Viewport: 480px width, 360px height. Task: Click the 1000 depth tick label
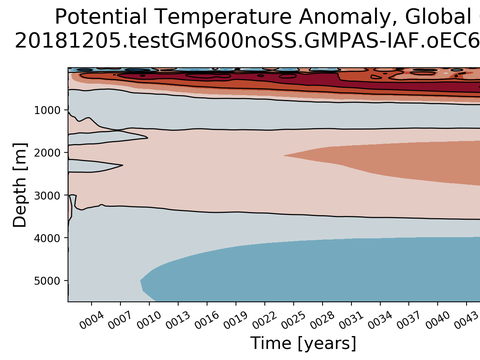(47, 110)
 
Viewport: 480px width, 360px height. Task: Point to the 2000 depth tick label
(47, 153)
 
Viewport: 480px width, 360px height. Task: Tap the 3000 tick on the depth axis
(47, 195)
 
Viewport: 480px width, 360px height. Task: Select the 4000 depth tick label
(47, 238)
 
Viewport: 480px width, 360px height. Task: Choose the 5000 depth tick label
(47, 281)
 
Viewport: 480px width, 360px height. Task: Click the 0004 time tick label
(92, 320)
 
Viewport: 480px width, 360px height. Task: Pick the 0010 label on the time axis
(149, 320)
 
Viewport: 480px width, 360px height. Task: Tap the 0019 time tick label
(236, 320)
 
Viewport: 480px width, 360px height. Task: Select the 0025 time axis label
(293, 320)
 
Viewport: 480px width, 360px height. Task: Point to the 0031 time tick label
(351, 320)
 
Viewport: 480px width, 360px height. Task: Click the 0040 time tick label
(438, 320)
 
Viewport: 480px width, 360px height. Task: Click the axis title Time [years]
(303, 343)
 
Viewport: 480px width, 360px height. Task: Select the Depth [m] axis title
(20, 185)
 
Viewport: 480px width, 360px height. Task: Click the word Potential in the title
(101, 17)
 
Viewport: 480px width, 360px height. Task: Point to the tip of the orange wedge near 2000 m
(284, 155)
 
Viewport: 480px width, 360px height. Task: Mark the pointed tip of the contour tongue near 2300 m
(123, 165)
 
